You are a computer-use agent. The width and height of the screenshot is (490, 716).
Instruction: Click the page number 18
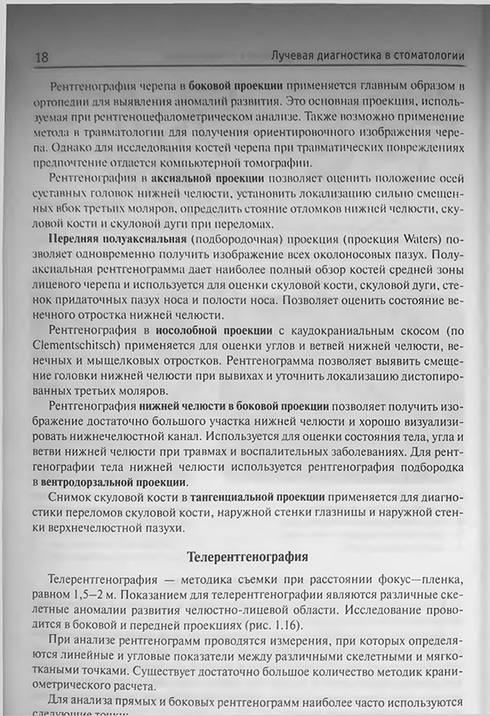pyautogui.click(x=42, y=56)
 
